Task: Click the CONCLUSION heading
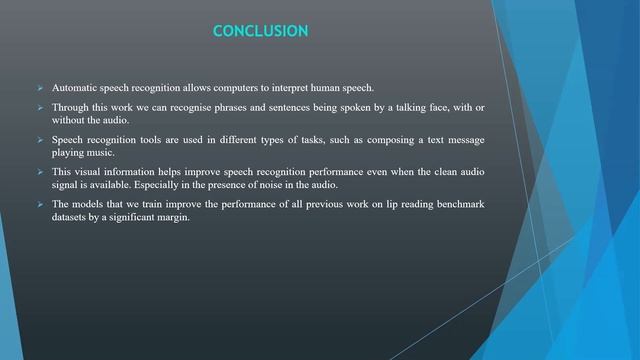click(261, 32)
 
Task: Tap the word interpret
click(302, 88)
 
